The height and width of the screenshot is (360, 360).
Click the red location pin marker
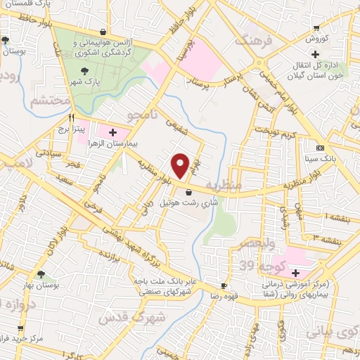(x=181, y=165)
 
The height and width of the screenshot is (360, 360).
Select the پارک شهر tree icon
(x=85, y=71)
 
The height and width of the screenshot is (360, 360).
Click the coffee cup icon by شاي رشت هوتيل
(x=188, y=192)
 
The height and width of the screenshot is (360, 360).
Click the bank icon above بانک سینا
(x=320, y=148)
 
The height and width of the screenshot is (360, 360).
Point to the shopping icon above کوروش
(x=318, y=28)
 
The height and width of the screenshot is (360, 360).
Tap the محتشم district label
(x=51, y=101)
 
